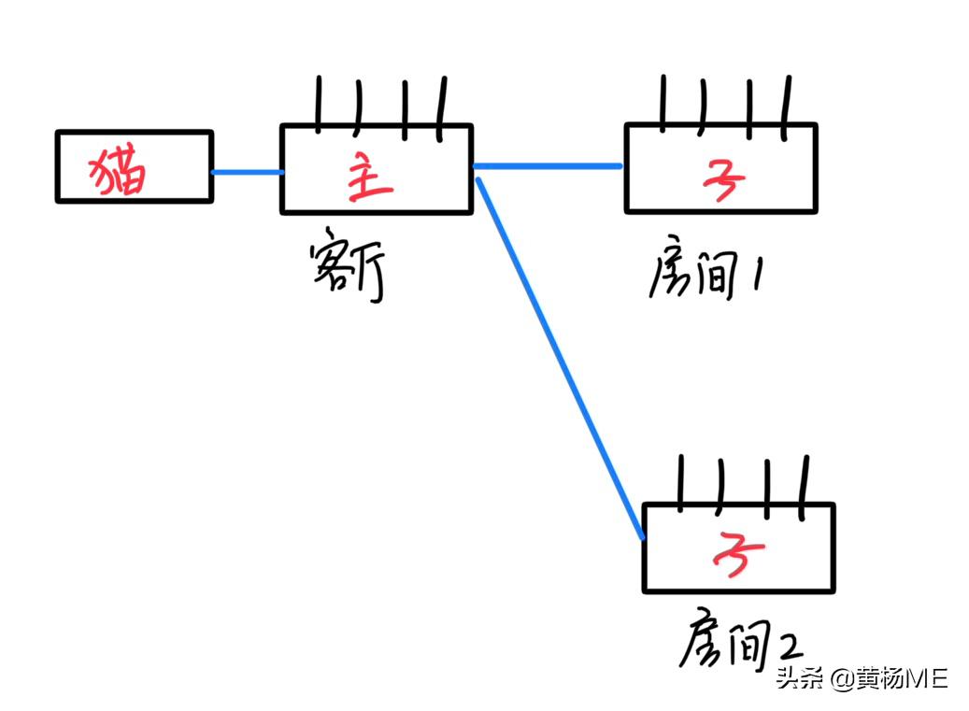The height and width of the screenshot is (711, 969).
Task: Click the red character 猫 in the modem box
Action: [x=119, y=171]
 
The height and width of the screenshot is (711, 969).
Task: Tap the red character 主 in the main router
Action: [x=370, y=179]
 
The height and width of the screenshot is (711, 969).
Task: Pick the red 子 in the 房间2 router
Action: [x=737, y=553]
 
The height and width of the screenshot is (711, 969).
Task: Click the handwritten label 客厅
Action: [x=347, y=271]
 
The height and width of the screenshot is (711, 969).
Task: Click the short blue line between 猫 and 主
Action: [x=247, y=172]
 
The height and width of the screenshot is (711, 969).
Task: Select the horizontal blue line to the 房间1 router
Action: [x=548, y=166]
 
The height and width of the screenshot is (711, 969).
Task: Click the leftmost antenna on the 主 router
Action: [x=318, y=103]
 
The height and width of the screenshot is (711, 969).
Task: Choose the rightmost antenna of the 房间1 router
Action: [x=787, y=103]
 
